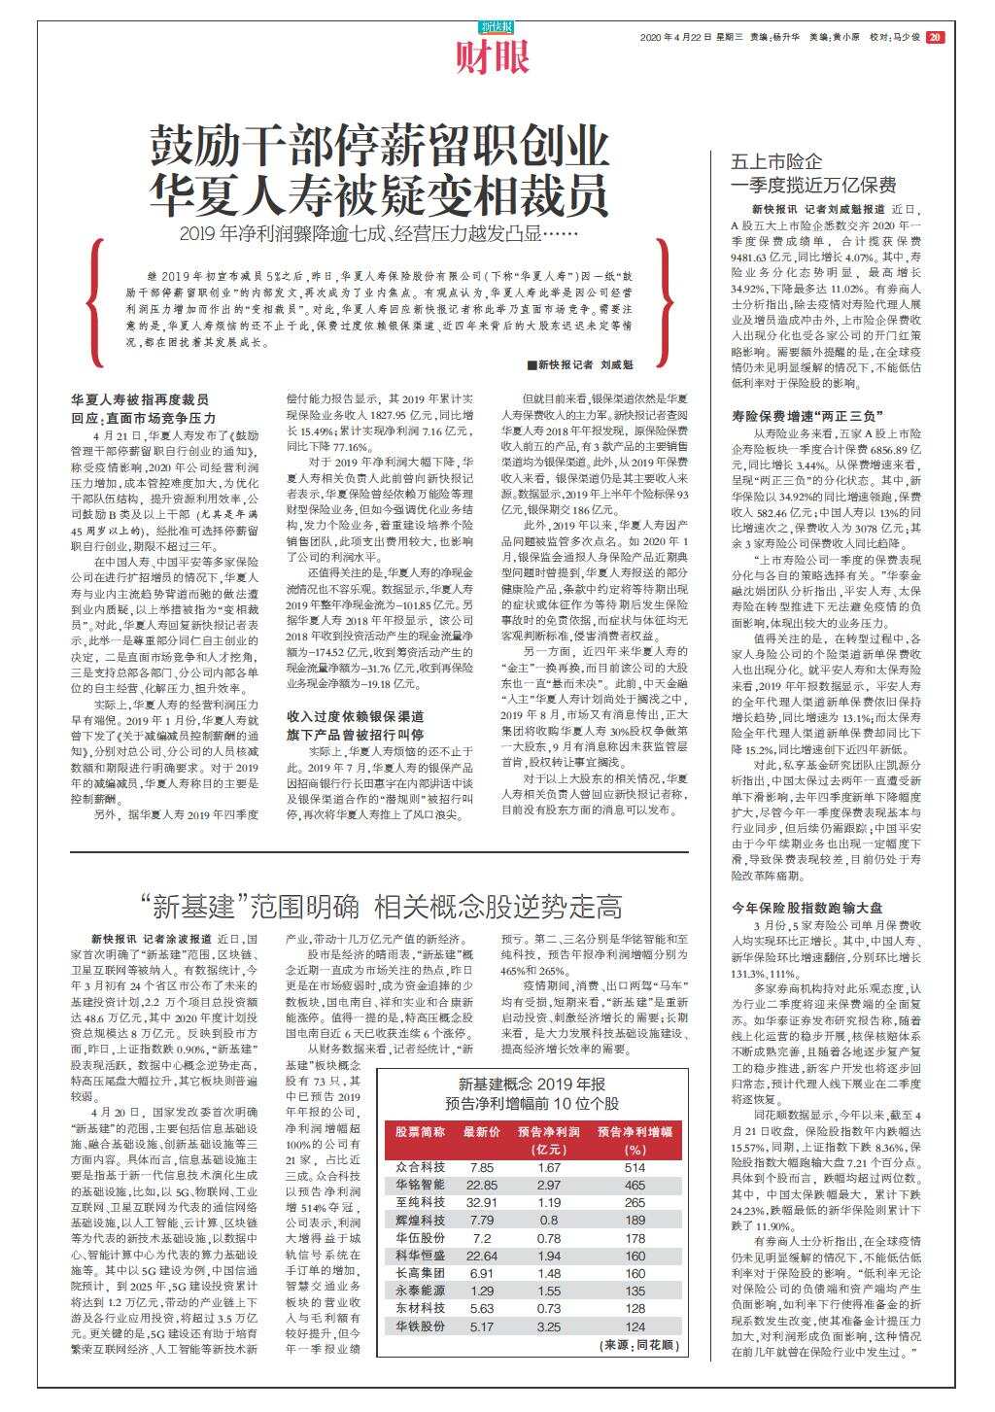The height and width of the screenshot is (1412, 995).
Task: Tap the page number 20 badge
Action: (x=934, y=38)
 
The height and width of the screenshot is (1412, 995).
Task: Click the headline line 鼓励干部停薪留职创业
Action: (x=379, y=148)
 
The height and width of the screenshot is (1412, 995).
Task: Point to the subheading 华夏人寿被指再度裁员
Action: (x=140, y=399)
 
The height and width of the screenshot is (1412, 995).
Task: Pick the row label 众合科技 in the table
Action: (x=421, y=1167)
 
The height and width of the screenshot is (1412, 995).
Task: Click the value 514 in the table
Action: (x=635, y=1167)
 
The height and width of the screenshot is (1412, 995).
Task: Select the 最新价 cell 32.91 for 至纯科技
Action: (x=482, y=1202)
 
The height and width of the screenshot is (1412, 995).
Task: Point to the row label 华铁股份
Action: (x=421, y=1326)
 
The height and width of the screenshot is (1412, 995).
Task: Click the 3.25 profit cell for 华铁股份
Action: (x=549, y=1326)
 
